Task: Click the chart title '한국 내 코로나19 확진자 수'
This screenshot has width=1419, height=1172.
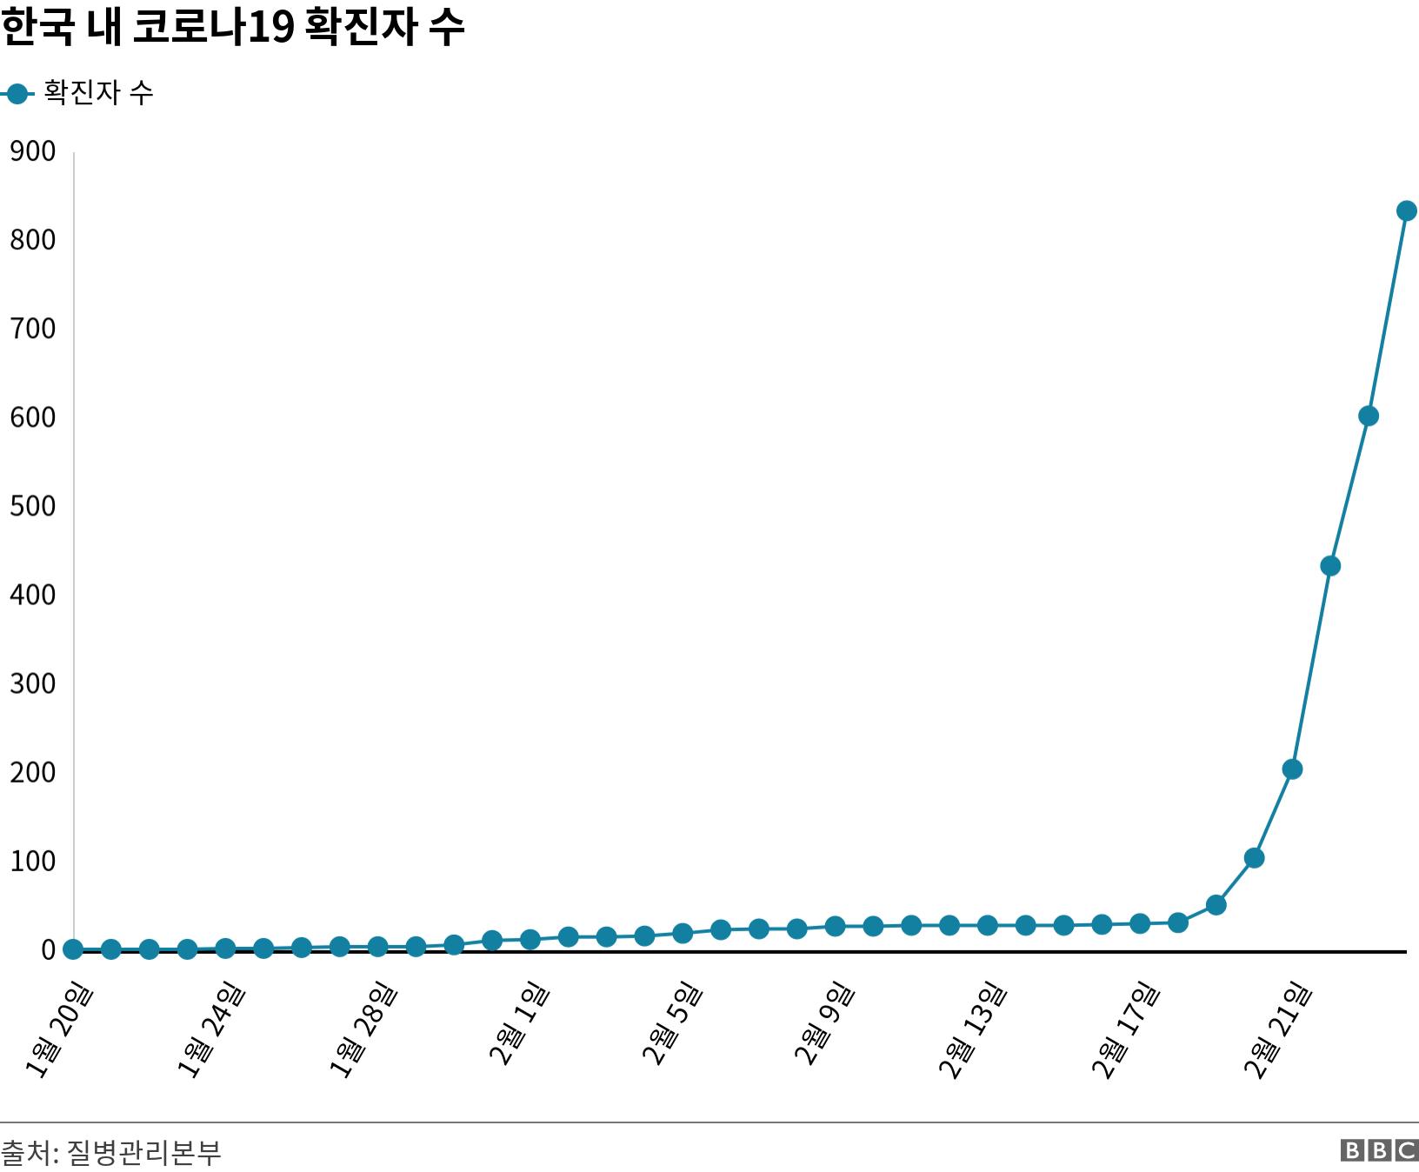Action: [232, 28]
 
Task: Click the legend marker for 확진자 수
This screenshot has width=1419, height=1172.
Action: [17, 93]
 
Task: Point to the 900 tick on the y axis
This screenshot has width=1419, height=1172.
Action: [33, 152]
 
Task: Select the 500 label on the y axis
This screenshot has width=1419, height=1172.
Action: [33, 506]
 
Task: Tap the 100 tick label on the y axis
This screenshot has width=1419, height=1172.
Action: [33, 862]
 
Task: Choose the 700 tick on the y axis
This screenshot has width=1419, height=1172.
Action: [33, 329]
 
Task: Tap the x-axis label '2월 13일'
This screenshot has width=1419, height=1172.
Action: [974, 1031]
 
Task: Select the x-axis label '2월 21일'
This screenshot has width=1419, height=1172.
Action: [1278, 1031]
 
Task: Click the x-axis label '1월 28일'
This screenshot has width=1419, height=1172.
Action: [364, 1031]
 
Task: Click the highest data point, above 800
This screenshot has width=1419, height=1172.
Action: [1406, 211]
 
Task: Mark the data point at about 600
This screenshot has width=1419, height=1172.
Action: [1368, 416]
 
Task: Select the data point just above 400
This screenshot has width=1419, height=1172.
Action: [1330, 566]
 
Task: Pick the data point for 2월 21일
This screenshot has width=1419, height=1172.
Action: [1292, 769]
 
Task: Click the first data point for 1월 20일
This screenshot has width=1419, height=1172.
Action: [74, 949]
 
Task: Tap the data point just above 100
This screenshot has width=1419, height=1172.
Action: [1254, 858]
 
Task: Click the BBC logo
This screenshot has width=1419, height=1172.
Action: [1379, 1151]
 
